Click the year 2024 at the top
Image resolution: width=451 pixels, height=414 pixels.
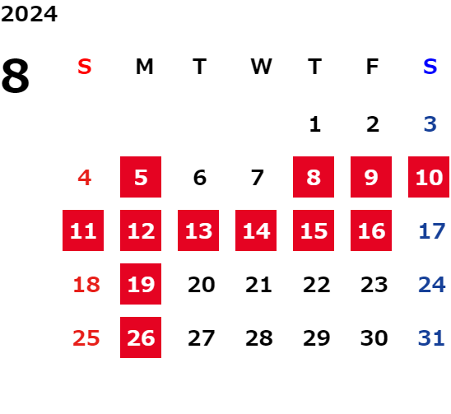[x=29, y=14]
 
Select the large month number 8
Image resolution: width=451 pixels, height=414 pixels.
[x=16, y=76]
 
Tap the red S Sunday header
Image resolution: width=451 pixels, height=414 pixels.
[x=85, y=67]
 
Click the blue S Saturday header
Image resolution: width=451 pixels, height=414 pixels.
[x=430, y=67]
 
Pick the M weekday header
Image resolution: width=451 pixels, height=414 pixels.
[x=144, y=67]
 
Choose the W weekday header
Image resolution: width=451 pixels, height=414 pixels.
[x=261, y=67]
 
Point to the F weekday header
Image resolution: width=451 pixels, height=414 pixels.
[x=372, y=67]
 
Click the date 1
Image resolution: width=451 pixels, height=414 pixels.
[x=315, y=124]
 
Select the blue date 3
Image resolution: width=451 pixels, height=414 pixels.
[x=430, y=124]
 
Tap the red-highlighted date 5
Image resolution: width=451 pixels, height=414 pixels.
[x=141, y=177]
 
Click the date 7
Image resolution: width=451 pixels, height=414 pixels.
[x=258, y=178]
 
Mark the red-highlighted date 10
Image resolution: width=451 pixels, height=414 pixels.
[x=429, y=177]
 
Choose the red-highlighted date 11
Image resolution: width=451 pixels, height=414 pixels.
[x=83, y=230]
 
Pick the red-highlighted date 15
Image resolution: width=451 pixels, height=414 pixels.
[x=314, y=230]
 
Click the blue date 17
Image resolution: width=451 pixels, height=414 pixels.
[x=432, y=231]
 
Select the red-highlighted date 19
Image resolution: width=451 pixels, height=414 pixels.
[x=141, y=284]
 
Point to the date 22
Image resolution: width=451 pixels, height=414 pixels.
[x=316, y=285]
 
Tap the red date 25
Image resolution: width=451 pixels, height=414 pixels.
[x=86, y=338]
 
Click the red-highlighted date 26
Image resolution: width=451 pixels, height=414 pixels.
[x=141, y=337]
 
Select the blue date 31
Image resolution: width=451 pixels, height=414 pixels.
[x=431, y=338]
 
